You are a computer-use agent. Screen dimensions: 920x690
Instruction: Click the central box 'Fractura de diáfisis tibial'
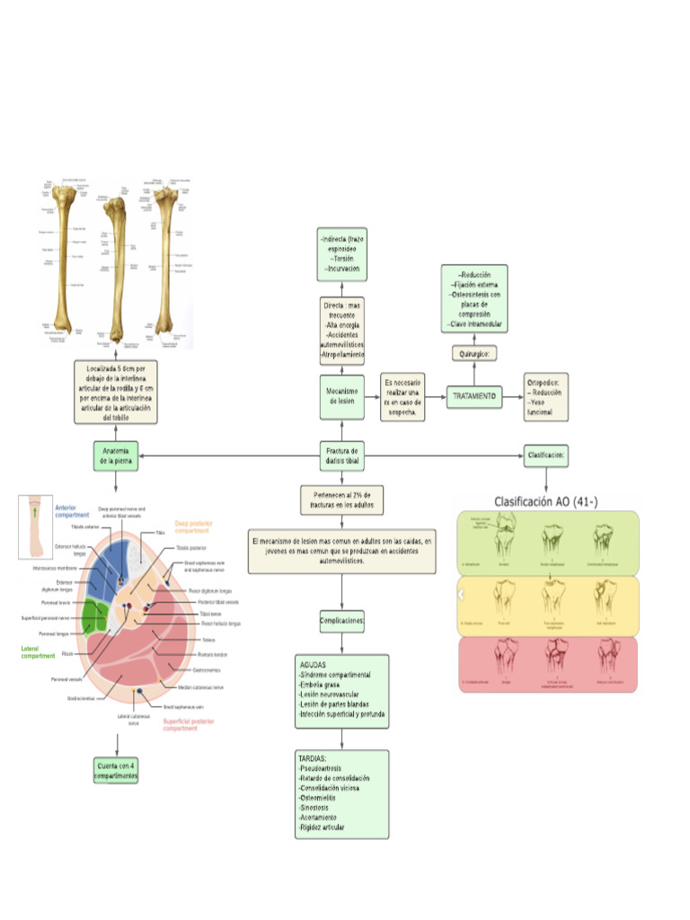click(x=341, y=456)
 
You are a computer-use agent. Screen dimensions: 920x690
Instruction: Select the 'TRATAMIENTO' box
click(x=473, y=395)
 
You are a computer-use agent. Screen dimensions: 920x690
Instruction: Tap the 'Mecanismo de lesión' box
click(x=341, y=396)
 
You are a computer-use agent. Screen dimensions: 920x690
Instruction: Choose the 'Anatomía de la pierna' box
click(x=116, y=456)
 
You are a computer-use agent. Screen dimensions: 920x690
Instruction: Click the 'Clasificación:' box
click(x=546, y=455)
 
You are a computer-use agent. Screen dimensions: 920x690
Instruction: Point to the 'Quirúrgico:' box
click(x=473, y=354)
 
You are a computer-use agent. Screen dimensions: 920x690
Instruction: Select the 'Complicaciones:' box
click(x=341, y=620)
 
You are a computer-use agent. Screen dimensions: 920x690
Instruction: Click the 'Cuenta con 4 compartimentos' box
click(x=116, y=770)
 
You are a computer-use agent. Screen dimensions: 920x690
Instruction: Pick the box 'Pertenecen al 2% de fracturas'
click(x=341, y=500)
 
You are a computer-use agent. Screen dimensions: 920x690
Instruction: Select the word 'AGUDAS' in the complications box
click(x=314, y=665)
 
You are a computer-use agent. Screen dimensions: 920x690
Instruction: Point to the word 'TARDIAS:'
click(x=314, y=759)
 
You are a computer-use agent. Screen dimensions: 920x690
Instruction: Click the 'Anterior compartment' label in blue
click(x=72, y=511)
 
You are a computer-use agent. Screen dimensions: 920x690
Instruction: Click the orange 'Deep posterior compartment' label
click(x=192, y=526)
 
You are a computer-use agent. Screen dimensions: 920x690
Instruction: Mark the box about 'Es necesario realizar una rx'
click(x=401, y=396)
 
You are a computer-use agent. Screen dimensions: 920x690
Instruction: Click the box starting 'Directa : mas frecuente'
click(x=341, y=331)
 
